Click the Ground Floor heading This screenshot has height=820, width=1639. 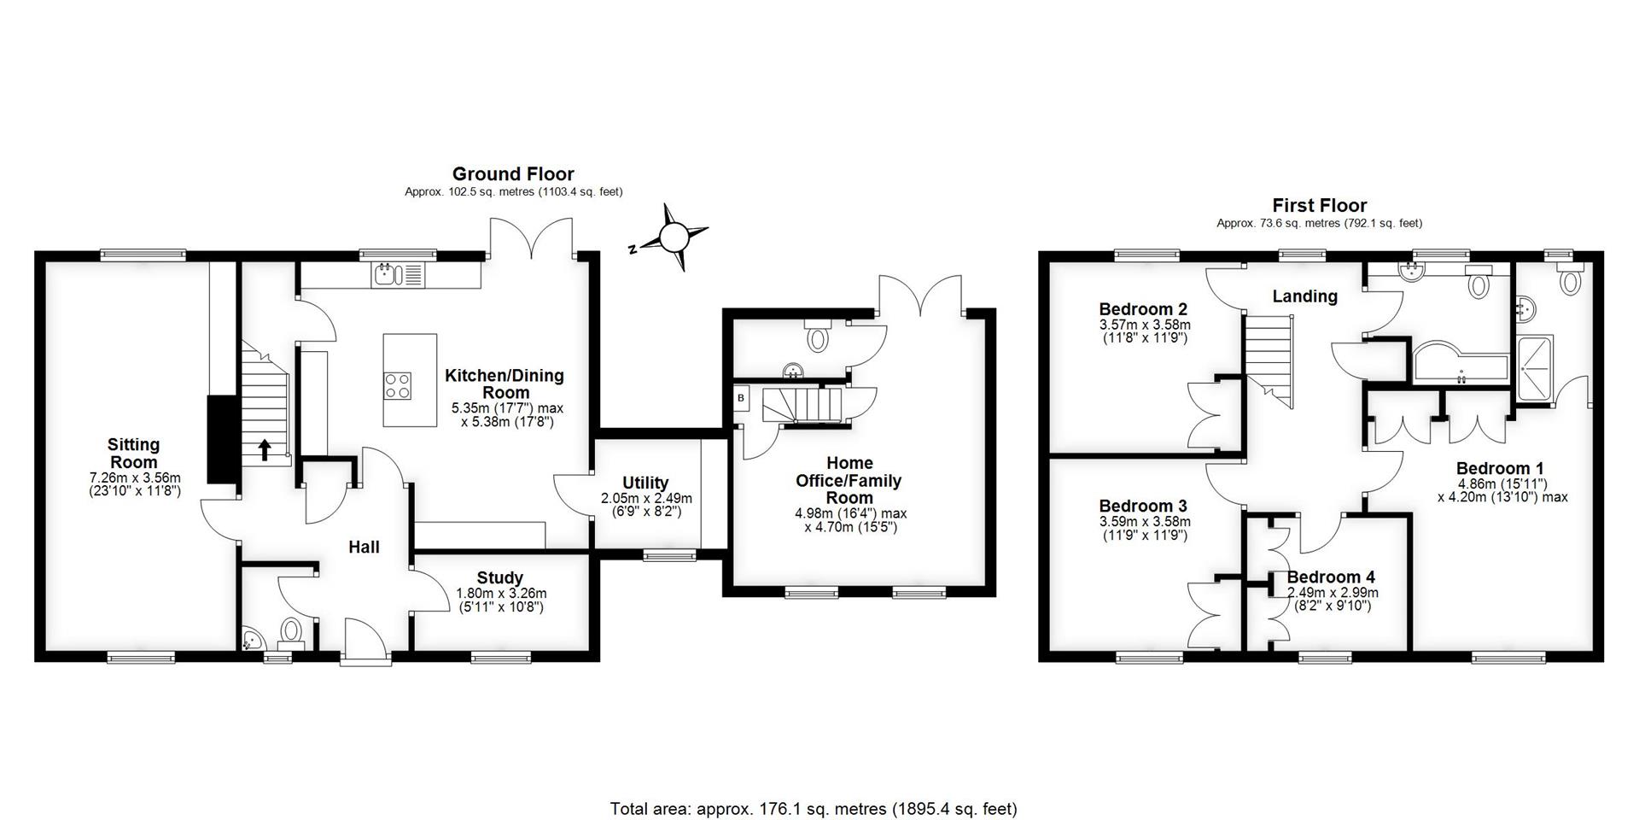coord(513,174)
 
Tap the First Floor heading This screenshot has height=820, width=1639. coord(1320,205)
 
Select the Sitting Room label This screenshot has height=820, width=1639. coord(133,454)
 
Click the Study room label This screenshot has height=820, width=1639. coord(499,578)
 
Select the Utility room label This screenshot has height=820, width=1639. coord(645,483)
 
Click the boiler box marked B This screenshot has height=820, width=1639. coord(741,398)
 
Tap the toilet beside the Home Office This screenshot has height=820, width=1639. coord(818,337)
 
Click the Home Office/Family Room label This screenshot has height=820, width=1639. coord(849,480)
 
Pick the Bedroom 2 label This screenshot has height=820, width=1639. coord(1143,309)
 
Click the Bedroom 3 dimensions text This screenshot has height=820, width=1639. coord(1145,529)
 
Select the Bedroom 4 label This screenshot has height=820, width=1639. coord(1332,577)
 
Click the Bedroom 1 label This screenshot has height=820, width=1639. coord(1500,468)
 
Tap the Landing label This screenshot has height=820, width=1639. coord(1304,296)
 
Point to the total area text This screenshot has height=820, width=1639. coord(814,808)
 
